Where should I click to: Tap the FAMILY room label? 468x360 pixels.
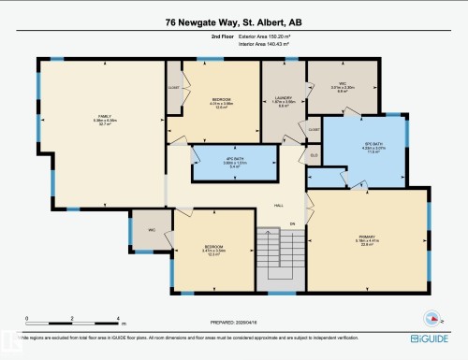tap(92, 116)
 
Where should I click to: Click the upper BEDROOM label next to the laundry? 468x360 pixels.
tap(221, 101)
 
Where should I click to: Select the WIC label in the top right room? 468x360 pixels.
tap(344, 86)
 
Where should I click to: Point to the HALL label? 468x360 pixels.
tap(278, 206)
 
